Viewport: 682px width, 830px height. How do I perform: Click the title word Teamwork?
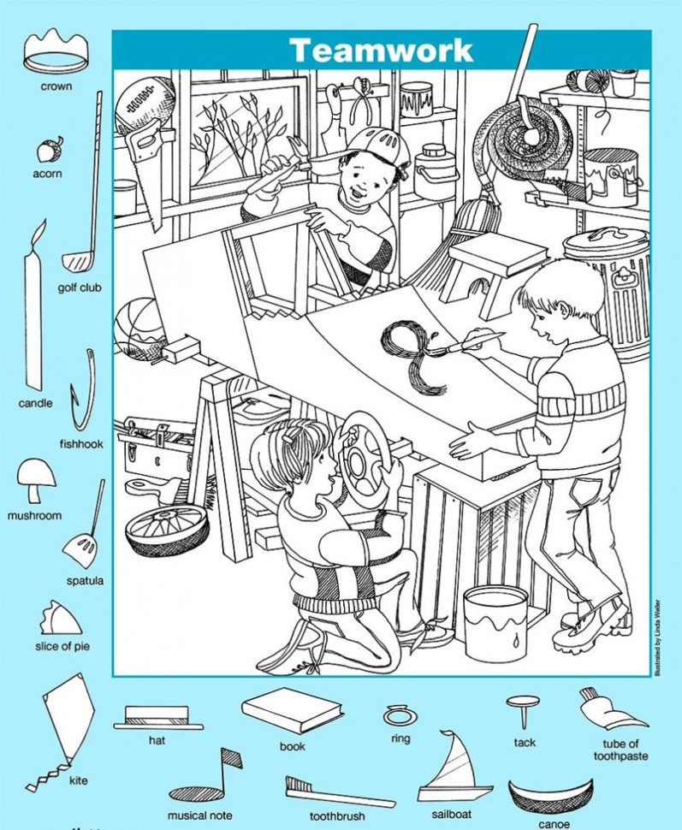380,50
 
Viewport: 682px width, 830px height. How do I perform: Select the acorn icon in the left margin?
48,151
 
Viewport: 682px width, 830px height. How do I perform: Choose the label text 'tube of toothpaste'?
621,750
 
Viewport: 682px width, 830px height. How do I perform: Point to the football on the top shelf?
145,104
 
